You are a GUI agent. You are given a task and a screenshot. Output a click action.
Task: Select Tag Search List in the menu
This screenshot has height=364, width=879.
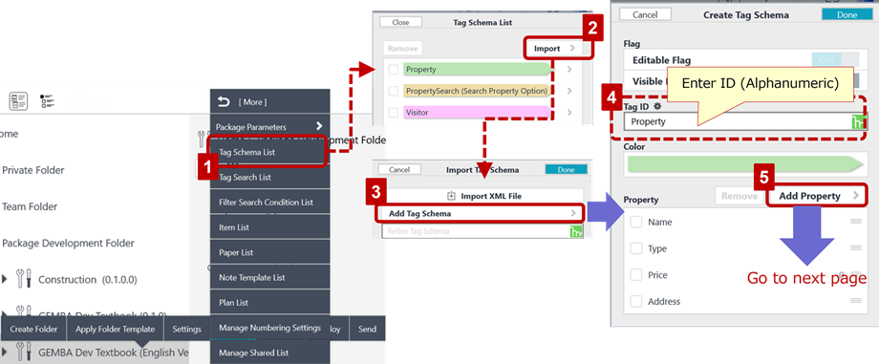click(245, 177)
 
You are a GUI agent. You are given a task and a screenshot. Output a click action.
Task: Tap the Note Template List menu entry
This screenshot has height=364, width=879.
click(252, 278)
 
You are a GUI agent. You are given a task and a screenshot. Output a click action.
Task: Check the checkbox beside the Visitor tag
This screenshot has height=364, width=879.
click(393, 112)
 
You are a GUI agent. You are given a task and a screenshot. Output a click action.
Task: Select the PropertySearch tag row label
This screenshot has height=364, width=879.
click(476, 91)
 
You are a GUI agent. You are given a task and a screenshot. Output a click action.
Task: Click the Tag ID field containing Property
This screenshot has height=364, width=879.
click(726, 121)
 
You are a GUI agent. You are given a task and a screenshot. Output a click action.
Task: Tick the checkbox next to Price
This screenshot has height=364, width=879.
click(636, 275)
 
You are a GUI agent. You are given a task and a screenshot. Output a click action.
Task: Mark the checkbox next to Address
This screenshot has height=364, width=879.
click(636, 301)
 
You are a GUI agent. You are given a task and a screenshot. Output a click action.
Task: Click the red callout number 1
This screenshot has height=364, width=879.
click(205, 165)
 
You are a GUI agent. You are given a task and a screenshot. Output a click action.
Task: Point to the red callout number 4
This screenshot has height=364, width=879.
click(611, 96)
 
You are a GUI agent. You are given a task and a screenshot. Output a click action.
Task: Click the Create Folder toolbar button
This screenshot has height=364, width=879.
click(34, 329)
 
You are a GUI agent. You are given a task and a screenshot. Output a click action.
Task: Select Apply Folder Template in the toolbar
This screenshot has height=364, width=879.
click(115, 329)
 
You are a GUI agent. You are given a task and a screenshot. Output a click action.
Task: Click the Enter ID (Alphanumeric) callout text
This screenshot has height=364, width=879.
click(760, 84)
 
